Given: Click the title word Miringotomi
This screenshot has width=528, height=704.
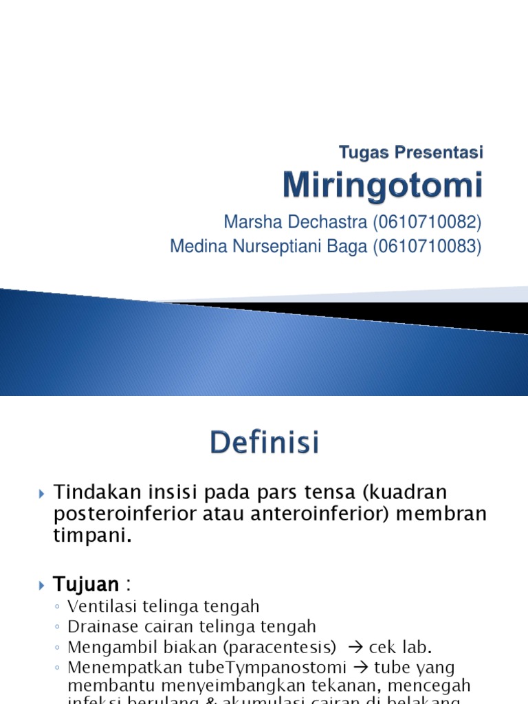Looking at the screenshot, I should [x=383, y=186].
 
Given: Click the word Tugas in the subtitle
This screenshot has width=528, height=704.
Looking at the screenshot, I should [x=365, y=152].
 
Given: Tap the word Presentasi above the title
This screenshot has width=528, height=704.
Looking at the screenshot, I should [x=440, y=152].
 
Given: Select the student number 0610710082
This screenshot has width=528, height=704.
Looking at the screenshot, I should [x=427, y=223].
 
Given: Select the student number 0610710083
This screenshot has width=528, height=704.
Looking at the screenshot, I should [x=427, y=246].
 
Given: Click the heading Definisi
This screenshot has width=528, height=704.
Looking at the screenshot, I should [x=265, y=443].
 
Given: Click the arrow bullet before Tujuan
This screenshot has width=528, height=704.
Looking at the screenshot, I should [x=42, y=586].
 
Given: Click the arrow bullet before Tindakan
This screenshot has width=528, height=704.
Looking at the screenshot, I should [x=42, y=493].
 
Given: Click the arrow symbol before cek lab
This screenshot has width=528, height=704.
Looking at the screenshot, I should [x=355, y=647].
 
